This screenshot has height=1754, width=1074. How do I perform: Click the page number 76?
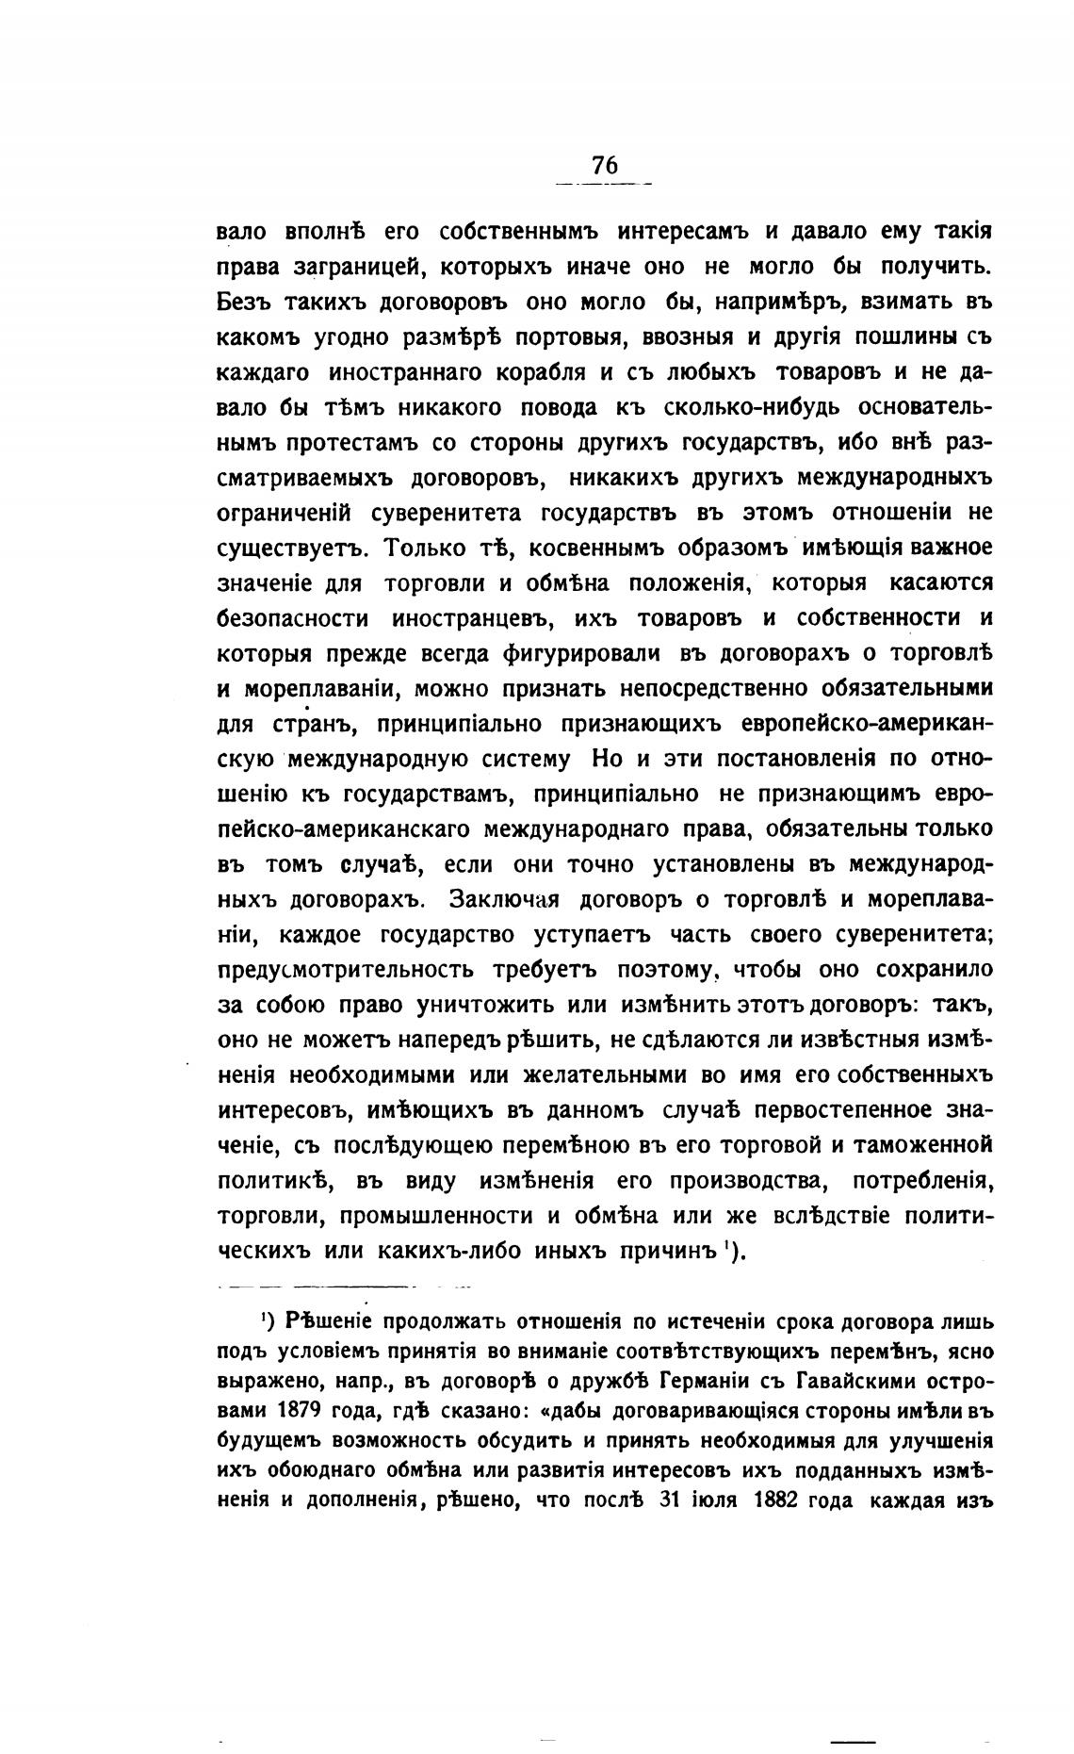coord(605,164)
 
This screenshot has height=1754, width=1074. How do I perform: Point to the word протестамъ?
coord(351,443)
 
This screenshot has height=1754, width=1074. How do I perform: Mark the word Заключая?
coord(504,899)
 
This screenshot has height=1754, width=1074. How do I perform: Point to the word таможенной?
coord(920,1144)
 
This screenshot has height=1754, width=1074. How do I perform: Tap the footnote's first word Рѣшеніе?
coord(329,1320)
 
